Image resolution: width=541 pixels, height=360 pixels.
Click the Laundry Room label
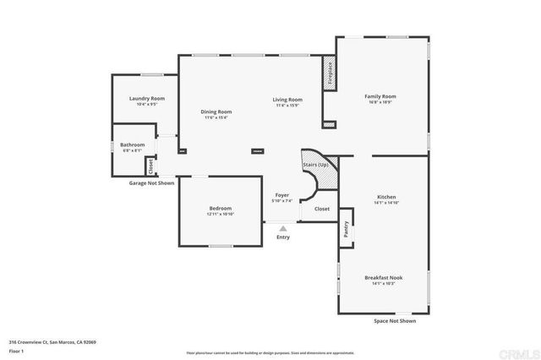point(146,99)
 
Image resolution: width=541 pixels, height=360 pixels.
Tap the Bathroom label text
point(132,145)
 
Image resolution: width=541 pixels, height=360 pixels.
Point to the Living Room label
point(287,100)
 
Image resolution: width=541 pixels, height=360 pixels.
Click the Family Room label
point(380,96)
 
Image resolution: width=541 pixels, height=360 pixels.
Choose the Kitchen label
point(385,197)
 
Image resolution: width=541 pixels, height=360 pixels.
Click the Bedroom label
point(221,208)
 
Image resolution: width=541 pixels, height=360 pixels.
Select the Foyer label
point(282,195)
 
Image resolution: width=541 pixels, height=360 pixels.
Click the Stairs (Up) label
point(316,164)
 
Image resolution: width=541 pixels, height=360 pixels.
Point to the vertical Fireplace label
point(330,73)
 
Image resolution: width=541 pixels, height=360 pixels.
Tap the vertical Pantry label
point(347,229)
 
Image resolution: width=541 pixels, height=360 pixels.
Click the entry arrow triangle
point(283,227)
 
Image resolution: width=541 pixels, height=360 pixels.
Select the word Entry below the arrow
point(283,237)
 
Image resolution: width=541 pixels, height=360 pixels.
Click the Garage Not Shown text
point(151,183)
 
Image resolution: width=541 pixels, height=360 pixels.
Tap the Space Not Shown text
point(395,321)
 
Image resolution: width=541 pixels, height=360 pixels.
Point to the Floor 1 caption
point(17,350)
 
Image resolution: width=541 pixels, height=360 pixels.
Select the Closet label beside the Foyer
point(322,208)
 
